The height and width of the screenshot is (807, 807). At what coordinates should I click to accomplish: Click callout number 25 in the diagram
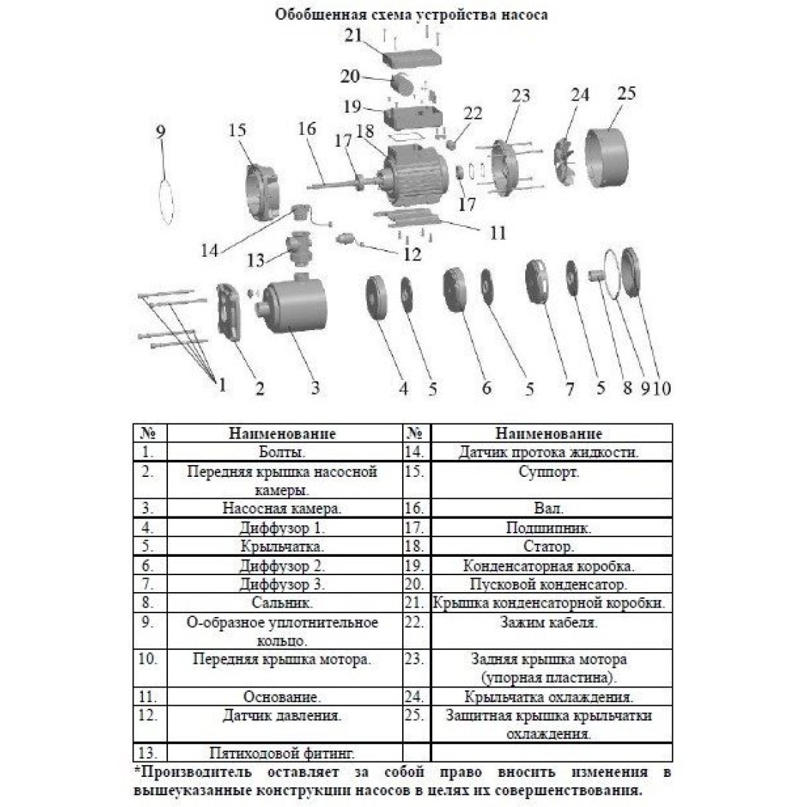(x=627, y=93)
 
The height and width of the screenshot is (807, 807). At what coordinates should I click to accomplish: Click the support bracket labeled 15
(x=261, y=192)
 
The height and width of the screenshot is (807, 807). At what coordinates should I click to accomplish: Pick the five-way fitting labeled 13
(x=299, y=249)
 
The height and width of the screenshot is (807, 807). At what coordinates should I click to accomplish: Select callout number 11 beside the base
(x=497, y=233)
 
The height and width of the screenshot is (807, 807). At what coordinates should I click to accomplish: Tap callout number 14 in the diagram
(x=210, y=251)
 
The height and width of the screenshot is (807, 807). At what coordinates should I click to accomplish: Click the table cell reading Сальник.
(x=282, y=602)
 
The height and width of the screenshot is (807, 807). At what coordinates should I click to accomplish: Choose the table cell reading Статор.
(x=549, y=546)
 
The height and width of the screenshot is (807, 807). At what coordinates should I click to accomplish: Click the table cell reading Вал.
(x=549, y=508)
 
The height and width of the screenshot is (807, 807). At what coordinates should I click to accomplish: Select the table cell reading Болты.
(x=282, y=453)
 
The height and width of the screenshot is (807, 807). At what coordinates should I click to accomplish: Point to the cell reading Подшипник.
(x=549, y=528)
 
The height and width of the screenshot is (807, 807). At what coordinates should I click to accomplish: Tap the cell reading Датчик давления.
(x=282, y=716)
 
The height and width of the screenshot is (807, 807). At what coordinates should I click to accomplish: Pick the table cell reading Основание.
(x=282, y=697)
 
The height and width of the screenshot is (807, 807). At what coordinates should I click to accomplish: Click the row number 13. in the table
(x=147, y=753)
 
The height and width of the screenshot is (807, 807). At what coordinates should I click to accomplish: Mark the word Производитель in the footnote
(x=196, y=773)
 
